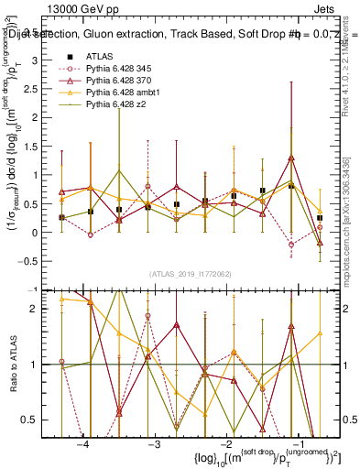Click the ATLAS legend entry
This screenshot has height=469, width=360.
(x=100, y=57)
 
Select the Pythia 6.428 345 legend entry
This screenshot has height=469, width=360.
(x=122, y=69)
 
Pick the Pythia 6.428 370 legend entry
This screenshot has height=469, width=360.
(x=122, y=82)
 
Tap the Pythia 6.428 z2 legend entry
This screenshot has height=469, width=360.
(x=119, y=107)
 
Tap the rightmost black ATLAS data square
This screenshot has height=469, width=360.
(x=320, y=218)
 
